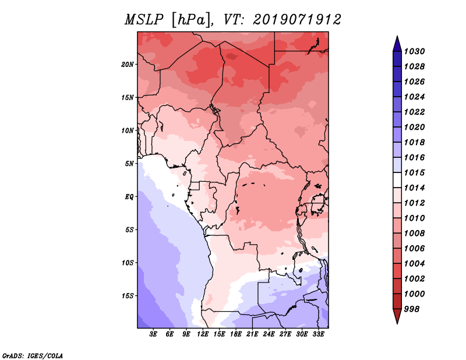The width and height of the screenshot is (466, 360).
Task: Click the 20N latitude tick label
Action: point(128,65)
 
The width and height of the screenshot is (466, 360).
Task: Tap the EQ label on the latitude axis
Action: point(129,197)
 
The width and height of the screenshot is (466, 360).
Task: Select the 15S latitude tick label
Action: point(128,296)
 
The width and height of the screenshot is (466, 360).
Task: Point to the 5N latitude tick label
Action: point(129,164)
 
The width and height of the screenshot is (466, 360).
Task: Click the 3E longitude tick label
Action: point(153,334)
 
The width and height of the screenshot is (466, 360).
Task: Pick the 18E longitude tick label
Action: point(236,334)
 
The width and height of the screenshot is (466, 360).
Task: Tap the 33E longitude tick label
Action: point(318,334)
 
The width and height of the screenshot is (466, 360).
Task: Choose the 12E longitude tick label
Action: point(203,334)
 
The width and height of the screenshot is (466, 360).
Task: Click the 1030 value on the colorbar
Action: point(414,51)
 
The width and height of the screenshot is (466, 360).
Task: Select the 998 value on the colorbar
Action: point(412,309)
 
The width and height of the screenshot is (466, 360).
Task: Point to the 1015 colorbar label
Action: point(414,172)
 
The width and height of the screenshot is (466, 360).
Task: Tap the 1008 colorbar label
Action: point(414,234)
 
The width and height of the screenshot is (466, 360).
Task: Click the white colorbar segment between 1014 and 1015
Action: point(397,180)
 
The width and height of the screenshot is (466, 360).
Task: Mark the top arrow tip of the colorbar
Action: point(397,36)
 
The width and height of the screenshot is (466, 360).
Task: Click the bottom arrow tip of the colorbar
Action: point(397,324)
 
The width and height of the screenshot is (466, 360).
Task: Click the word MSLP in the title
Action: point(144,20)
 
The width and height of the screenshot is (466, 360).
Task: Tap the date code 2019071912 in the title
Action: point(297,20)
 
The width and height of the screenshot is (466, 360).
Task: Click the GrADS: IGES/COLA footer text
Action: point(33,356)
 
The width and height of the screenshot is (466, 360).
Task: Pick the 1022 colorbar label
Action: point(414,112)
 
